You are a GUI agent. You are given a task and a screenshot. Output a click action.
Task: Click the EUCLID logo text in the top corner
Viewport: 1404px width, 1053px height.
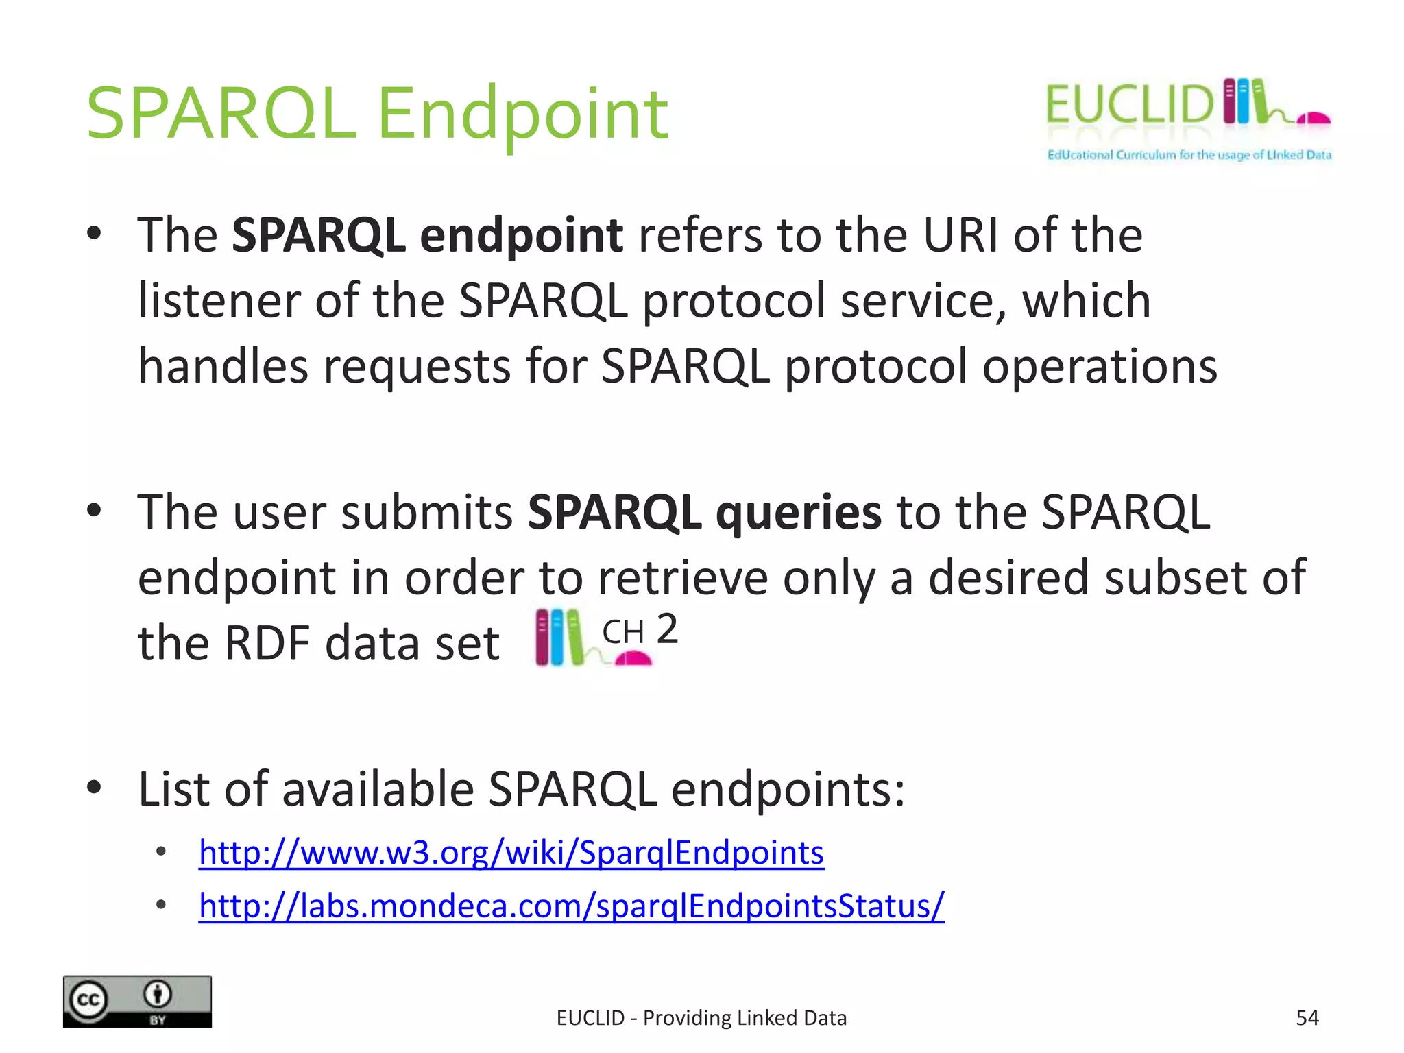coord(1128,106)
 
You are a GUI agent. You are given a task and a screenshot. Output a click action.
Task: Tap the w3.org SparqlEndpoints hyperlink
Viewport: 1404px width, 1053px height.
coord(511,853)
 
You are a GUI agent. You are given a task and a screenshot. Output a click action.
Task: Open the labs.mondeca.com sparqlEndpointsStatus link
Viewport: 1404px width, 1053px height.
coord(571,906)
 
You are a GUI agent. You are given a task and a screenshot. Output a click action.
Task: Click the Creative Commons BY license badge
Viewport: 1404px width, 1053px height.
coord(137,1001)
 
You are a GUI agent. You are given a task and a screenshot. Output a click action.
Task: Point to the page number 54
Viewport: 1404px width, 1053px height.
coord(1307,1018)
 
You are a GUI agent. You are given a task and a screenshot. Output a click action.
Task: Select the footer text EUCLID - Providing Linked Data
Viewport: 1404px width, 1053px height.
coord(701,1018)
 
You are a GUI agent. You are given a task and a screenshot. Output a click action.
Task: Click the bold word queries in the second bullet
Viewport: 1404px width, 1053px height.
coord(798,512)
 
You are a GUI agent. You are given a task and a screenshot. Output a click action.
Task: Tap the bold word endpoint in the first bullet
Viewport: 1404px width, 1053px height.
coord(521,235)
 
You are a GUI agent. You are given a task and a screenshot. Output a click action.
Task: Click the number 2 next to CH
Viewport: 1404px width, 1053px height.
coord(667,629)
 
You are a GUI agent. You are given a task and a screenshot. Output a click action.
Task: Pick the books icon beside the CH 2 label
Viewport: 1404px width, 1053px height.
coord(559,638)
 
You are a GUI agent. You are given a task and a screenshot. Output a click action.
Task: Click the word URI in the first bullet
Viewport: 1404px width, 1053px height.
coord(960,235)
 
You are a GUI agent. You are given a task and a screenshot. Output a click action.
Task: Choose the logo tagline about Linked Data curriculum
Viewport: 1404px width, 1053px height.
coord(1189,155)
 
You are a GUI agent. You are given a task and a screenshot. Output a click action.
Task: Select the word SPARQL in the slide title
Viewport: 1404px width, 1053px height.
coord(221,113)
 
